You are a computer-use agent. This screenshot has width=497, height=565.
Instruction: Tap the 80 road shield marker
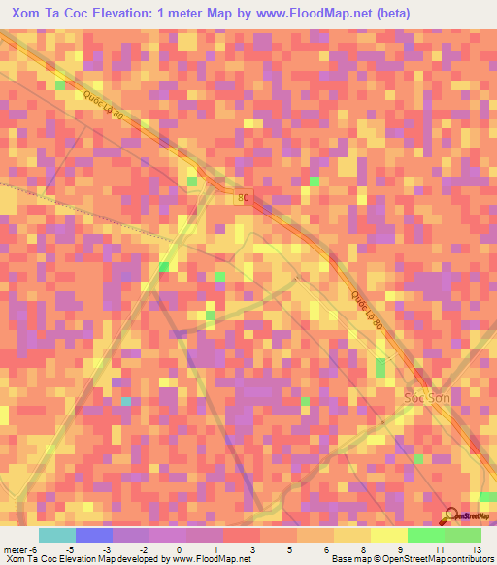243,197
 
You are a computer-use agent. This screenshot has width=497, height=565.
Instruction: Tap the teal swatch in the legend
56,535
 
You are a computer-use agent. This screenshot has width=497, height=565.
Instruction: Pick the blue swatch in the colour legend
93,535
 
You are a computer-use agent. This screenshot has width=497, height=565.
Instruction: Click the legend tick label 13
477,548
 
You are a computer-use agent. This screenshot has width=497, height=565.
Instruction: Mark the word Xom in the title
27,14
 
